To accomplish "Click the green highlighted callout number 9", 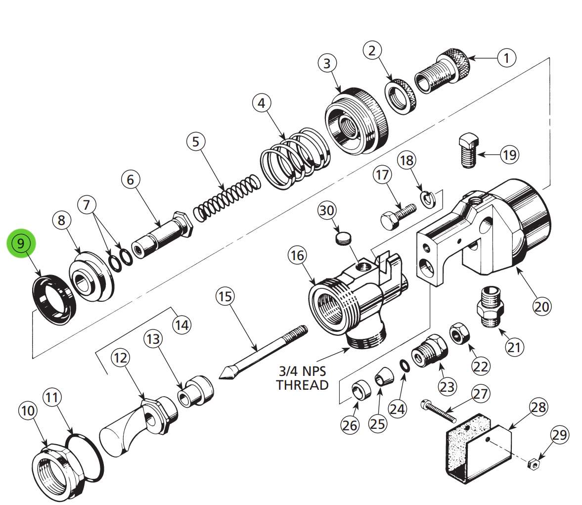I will pos(21,243).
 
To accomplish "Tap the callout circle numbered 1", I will pos(506,58).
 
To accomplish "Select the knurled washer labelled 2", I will pos(401,96).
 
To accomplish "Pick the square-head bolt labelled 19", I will pos(468,150).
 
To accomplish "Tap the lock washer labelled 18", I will pos(427,198).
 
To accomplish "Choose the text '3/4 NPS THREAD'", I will pos(302,378).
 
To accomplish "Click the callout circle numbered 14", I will pos(181,325).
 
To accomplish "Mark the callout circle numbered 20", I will pos(541,307).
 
